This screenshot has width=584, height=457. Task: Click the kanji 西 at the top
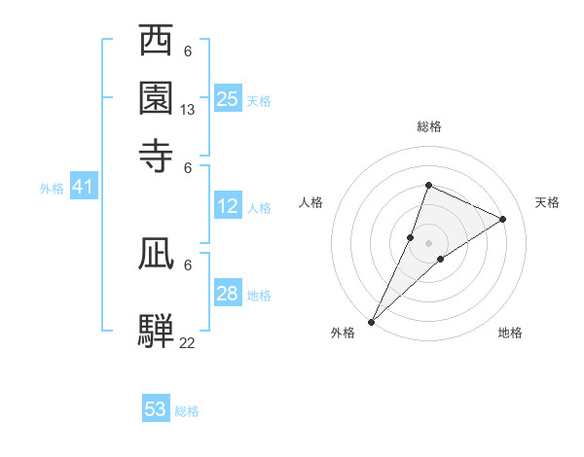pyautogui.click(x=156, y=42)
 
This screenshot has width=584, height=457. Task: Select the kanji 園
pyautogui.click(x=156, y=97)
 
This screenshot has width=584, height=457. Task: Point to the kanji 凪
pyautogui.click(x=156, y=253)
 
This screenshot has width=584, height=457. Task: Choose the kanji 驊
pyautogui.click(x=156, y=329)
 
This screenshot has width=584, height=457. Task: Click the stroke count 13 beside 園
pyautogui.click(x=188, y=111)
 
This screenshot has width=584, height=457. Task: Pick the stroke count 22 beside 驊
pyautogui.click(x=187, y=342)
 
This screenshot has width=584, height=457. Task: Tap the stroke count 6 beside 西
pyautogui.click(x=188, y=52)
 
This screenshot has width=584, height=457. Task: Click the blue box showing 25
pyautogui.click(x=228, y=98)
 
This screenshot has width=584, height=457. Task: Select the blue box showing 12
pyautogui.click(x=228, y=206)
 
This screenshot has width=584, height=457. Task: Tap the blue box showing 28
pyautogui.click(x=228, y=294)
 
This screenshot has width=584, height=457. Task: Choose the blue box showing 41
pyautogui.click(x=83, y=187)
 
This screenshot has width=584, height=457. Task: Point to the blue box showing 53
pyautogui.click(x=156, y=409)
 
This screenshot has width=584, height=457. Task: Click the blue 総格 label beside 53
pyautogui.click(x=187, y=411)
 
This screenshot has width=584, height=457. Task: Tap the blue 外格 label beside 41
pyautogui.click(x=52, y=189)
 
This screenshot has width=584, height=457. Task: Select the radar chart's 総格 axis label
pyautogui.click(x=428, y=126)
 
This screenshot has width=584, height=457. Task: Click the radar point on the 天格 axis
pyautogui.click(x=503, y=220)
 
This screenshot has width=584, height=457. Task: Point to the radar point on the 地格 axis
pyautogui.click(x=441, y=259)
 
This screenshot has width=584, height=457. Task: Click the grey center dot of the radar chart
pyautogui.click(x=428, y=243)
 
